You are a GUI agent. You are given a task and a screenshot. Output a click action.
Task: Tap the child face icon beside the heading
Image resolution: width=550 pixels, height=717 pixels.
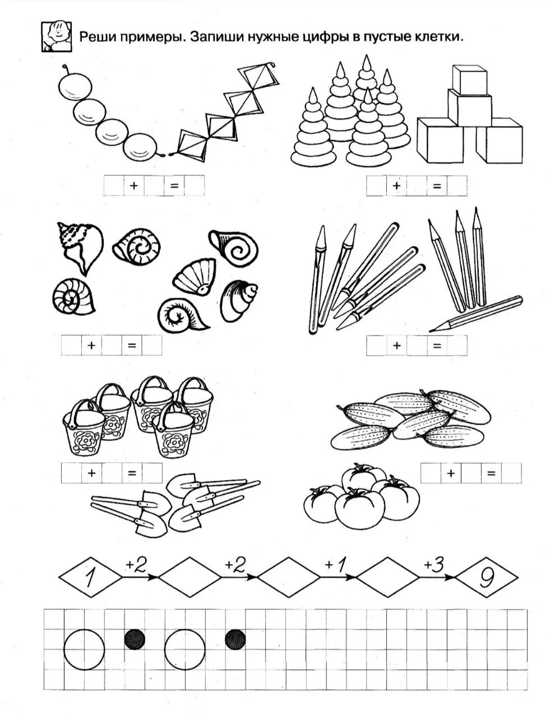(x=57, y=36)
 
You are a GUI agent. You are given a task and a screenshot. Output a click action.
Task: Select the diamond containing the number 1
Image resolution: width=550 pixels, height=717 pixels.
(x=90, y=577)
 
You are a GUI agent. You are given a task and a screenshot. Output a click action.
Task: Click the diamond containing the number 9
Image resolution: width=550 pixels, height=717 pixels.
(x=486, y=577)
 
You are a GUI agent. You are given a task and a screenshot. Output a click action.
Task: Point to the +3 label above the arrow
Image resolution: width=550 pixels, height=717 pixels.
(x=433, y=565)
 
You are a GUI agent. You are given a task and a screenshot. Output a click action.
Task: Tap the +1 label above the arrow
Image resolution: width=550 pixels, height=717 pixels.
(x=335, y=565)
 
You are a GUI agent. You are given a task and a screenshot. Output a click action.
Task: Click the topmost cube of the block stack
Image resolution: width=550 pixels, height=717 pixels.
(x=469, y=79)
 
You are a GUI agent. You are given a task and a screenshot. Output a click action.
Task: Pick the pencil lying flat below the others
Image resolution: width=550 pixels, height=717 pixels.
(x=476, y=314)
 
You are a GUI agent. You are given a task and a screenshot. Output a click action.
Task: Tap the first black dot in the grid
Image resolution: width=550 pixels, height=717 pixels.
(x=135, y=640)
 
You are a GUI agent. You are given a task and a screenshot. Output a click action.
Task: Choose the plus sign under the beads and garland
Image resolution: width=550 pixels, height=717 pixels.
(x=133, y=185)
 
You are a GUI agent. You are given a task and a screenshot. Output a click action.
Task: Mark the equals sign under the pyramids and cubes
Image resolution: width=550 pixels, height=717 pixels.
(x=437, y=186)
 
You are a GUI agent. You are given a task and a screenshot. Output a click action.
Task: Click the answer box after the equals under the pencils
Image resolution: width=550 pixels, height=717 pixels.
(x=457, y=346)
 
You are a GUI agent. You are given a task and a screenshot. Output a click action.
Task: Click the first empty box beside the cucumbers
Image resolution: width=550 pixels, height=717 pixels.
(x=431, y=473)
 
